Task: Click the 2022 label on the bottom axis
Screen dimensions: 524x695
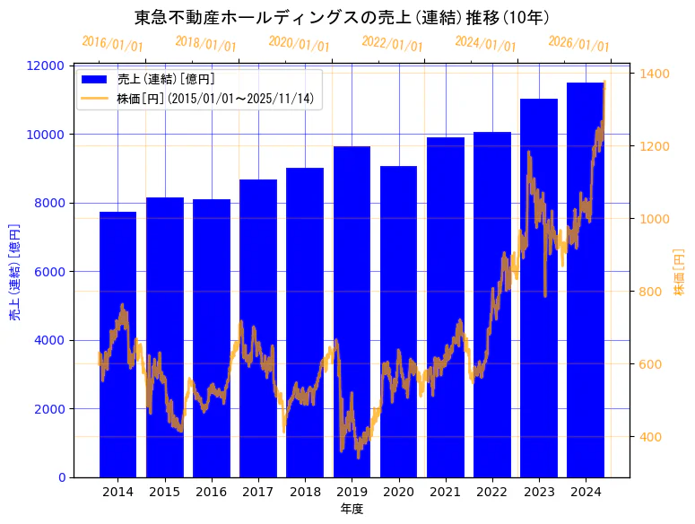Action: (x=491, y=492)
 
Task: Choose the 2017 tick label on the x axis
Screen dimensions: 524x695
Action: (x=258, y=492)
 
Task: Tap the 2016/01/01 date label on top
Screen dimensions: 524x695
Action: (x=112, y=43)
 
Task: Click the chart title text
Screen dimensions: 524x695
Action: (x=342, y=17)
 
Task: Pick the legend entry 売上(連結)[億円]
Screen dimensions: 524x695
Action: (x=166, y=79)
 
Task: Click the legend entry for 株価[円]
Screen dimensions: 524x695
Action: (x=215, y=99)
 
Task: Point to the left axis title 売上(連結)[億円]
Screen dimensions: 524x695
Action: (x=14, y=272)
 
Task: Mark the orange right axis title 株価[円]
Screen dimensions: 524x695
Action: (x=679, y=272)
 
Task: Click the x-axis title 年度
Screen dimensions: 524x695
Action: (x=352, y=509)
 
